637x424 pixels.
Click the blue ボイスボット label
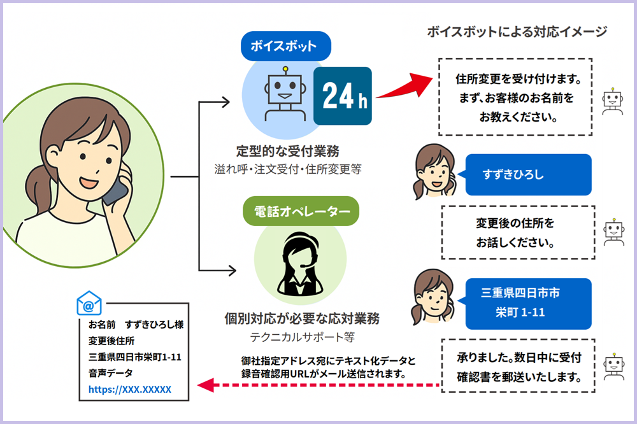[285, 46]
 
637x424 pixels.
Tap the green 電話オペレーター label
[301, 211]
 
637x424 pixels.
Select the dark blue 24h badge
[343, 95]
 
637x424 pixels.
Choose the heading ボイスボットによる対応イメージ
[517, 32]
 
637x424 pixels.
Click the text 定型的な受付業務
[288, 152]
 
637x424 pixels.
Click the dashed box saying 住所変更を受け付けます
[516, 96]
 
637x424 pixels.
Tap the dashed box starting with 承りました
[518, 365]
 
